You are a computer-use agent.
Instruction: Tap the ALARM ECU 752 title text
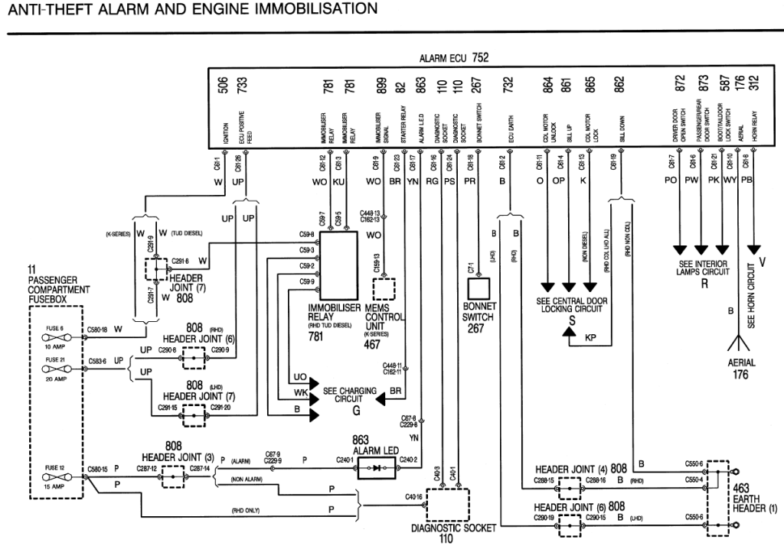click(x=454, y=58)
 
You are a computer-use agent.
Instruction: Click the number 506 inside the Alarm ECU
click(x=223, y=84)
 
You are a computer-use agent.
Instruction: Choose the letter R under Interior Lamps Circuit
click(x=702, y=283)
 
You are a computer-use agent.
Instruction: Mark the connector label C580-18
click(x=93, y=330)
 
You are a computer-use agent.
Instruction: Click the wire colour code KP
click(x=590, y=336)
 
